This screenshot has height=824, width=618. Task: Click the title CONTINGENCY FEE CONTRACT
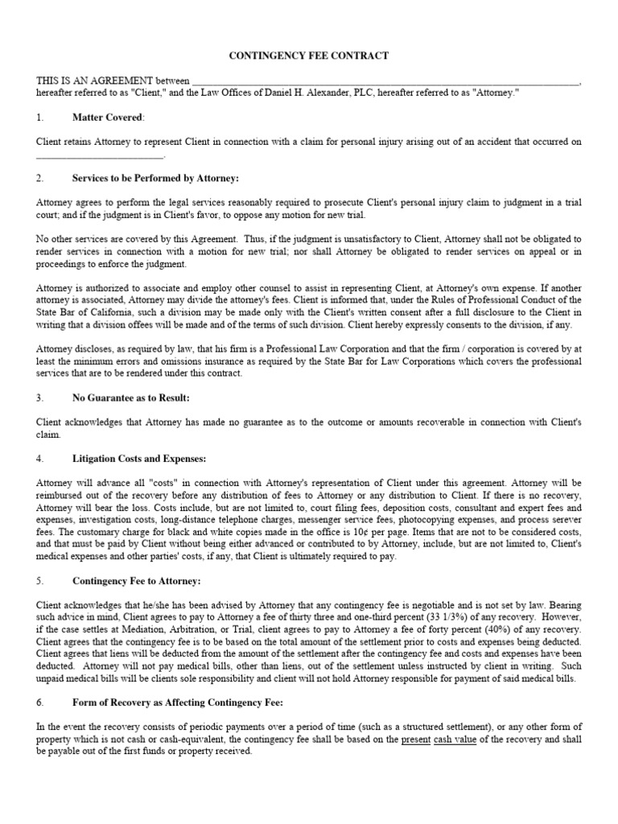(x=309, y=56)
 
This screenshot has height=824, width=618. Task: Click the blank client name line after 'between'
(x=385, y=81)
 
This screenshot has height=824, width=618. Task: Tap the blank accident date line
(x=101, y=154)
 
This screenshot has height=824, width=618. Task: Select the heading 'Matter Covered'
(x=108, y=117)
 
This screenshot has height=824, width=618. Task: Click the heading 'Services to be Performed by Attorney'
(x=155, y=178)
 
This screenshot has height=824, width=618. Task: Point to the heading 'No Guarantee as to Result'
(x=130, y=398)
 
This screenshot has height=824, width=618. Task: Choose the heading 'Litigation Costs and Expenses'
(x=138, y=459)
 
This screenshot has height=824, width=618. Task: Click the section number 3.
(x=39, y=398)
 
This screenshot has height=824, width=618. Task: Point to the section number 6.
(x=39, y=702)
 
